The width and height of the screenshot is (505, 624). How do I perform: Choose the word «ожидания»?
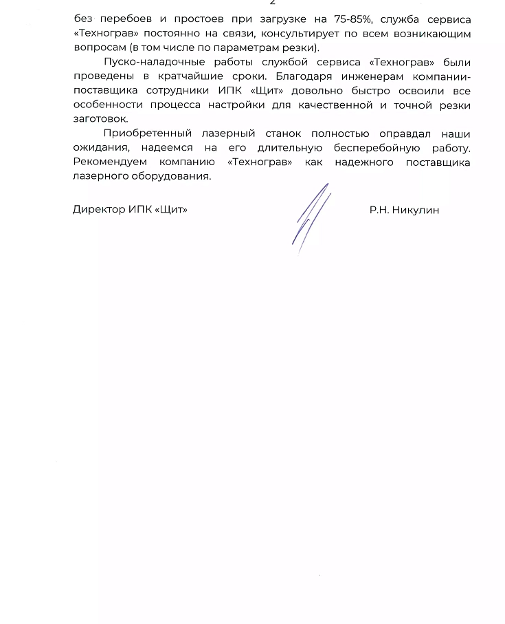click(99, 148)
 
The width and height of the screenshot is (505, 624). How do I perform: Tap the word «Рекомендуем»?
click(110, 162)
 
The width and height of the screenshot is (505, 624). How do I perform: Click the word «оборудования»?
click(169, 176)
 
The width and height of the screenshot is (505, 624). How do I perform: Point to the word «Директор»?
click(99, 209)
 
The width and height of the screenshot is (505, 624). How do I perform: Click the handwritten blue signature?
click(311, 217)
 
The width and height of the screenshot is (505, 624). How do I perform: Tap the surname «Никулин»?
click(416, 210)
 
